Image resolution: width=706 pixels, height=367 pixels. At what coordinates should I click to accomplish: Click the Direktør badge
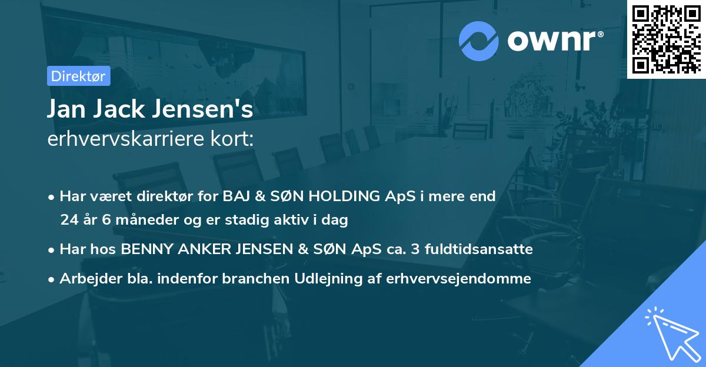(x=78, y=76)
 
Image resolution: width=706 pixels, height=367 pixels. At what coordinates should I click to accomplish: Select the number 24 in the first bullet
(x=69, y=220)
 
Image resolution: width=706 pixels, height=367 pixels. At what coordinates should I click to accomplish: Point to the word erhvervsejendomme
(x=458, y=279)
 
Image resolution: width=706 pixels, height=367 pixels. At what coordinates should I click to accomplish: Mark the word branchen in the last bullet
(x=251, y=279)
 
